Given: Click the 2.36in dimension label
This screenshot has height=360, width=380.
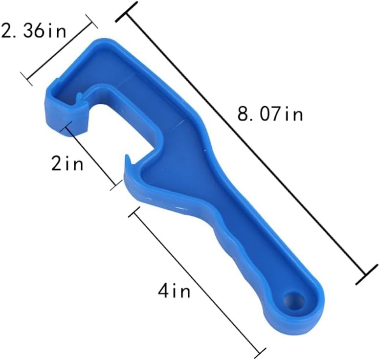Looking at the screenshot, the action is tap(34, 31).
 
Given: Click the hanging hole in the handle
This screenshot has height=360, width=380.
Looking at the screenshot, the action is tap(295, 301).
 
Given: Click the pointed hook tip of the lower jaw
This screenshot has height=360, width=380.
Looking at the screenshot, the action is tap(127, 158).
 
